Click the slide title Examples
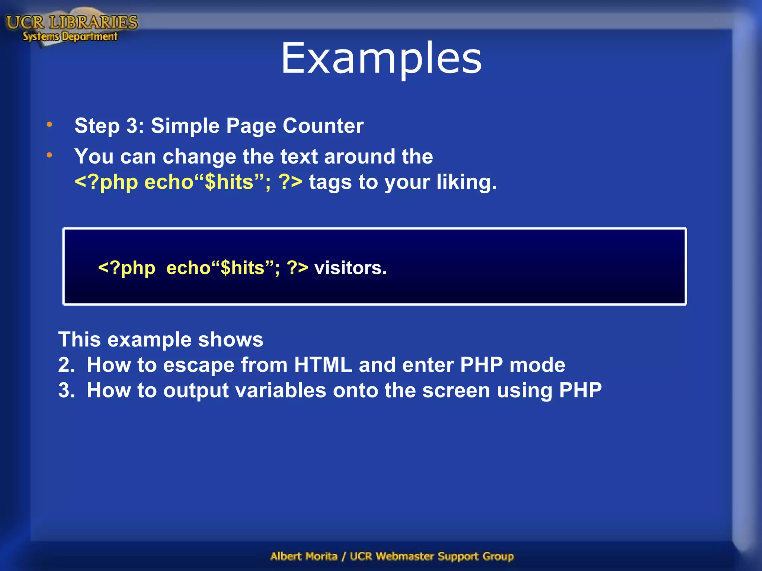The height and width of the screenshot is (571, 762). [x=381, y=59]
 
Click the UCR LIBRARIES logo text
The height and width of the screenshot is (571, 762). [x=72, y=22]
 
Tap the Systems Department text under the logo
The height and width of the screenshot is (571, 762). [x=70, y=36]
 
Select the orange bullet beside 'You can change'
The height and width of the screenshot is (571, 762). [x=49, y=155]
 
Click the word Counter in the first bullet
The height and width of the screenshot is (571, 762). [x=323, y=126]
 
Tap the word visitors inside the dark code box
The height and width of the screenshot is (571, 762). [x=350, y=268]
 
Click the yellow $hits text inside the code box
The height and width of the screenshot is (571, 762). [x=242, y=268]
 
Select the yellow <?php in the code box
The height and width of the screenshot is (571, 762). [x=127, y=268]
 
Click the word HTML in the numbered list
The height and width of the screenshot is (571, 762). [x=323, y=365]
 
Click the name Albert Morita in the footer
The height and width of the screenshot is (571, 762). [x=304, y=556]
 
